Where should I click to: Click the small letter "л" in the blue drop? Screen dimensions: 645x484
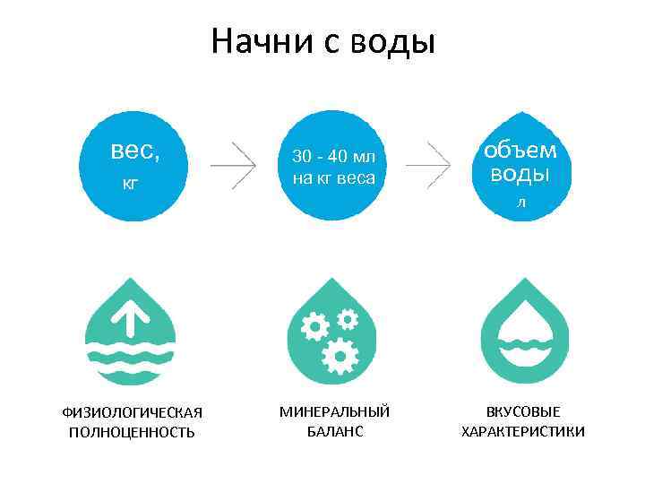[520, 203]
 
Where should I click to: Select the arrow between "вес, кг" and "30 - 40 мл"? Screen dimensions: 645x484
[235, 165]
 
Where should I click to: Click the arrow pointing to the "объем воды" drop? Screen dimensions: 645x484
[429, 165]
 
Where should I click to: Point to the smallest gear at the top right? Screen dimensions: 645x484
[348, 316]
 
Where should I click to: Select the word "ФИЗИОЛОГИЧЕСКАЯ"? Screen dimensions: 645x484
[132, 412]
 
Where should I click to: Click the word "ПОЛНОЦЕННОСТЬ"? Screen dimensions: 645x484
[132, 432]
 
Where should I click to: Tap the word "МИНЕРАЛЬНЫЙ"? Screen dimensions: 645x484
[334, 411]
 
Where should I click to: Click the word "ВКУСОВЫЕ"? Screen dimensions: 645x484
[523, 411]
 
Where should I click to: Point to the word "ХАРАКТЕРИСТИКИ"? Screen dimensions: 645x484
[523, 432]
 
